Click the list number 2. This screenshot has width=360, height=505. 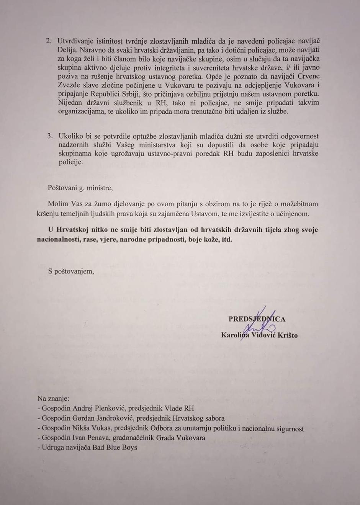coord(49,41)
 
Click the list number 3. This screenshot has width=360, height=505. coord(49,136)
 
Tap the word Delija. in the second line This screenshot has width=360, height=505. coord(68,50)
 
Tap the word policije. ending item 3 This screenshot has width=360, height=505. coord(70,162)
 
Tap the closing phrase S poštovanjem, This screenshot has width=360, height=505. coord(71,271)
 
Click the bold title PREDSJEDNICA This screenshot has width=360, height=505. coord(257,319)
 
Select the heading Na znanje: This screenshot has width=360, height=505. coord(53,399)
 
